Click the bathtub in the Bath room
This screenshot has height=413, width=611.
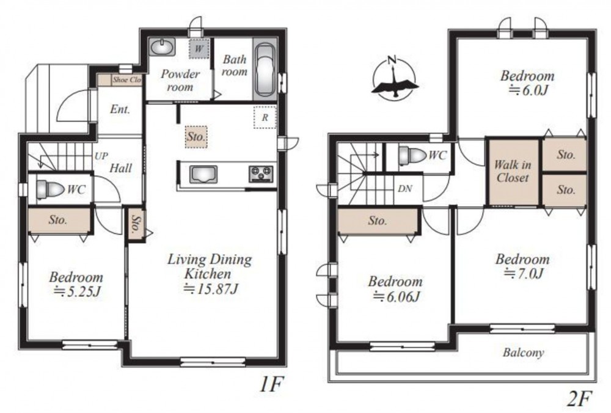point(265,69)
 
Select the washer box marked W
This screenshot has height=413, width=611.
point(199,49)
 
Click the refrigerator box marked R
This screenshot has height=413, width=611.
point(265,117)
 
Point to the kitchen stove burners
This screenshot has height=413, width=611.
point(261,174)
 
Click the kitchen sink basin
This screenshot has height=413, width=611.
point(203,174)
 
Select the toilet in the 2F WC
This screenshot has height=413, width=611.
point(412,155)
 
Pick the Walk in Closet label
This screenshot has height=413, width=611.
point(513,171)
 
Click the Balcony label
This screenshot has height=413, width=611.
point(523,353)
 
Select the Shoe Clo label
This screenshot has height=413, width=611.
point(127,80)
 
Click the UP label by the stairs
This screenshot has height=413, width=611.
point(101,156)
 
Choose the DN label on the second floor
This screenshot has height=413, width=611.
point(405,189)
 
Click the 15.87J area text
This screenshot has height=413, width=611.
point(211,289)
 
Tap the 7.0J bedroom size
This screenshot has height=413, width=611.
point(523,274)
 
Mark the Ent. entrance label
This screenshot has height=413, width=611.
point(120,109)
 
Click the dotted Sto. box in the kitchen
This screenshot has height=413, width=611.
point(196,137)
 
